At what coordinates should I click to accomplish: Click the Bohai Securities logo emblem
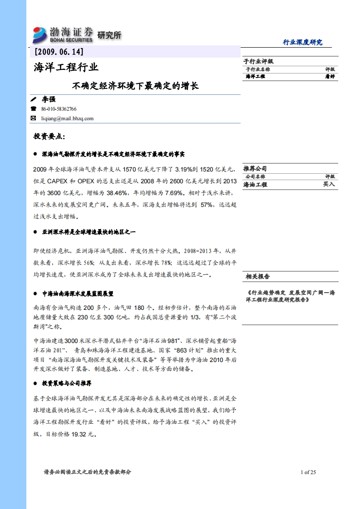tap(39, 35)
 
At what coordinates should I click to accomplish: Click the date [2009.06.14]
tap(59, 52)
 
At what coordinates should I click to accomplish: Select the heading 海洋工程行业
tap(66, 68)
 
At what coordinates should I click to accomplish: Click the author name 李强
tap(49, 99)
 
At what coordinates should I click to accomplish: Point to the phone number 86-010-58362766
tap(59, 109)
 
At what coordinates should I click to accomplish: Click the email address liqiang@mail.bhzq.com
tap(67, 118)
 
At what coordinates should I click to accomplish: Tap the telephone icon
tap(33, 109)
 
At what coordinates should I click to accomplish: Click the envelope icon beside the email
tap(33, 118)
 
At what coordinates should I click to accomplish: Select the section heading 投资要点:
tap(49, 137)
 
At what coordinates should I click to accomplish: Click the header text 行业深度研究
tap(302, 42)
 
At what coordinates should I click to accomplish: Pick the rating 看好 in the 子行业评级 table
tap(330, 77)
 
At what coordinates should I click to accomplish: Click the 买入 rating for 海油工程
tap(329, 184)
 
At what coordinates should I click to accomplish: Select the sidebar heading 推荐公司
tap(256, 168)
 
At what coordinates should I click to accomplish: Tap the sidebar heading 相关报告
tap(257, 276)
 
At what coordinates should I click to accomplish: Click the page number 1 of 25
tap(308, 472)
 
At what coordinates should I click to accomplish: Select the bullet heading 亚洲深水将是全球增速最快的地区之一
tap(89, 232)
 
